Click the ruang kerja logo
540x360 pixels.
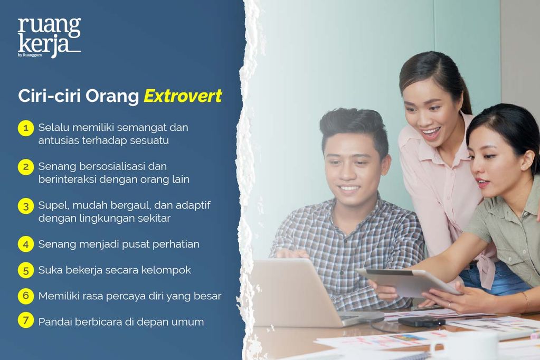tap(49, 36)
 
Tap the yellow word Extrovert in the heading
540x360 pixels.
tap(183, 97)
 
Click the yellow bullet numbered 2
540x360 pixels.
tap(25, 167)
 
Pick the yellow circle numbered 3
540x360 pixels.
tap(25, 206)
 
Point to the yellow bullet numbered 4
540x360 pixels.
tap(25, 244)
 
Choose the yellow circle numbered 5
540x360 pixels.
tap(25, 270)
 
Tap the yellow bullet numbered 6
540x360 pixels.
tap(25, 296)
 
